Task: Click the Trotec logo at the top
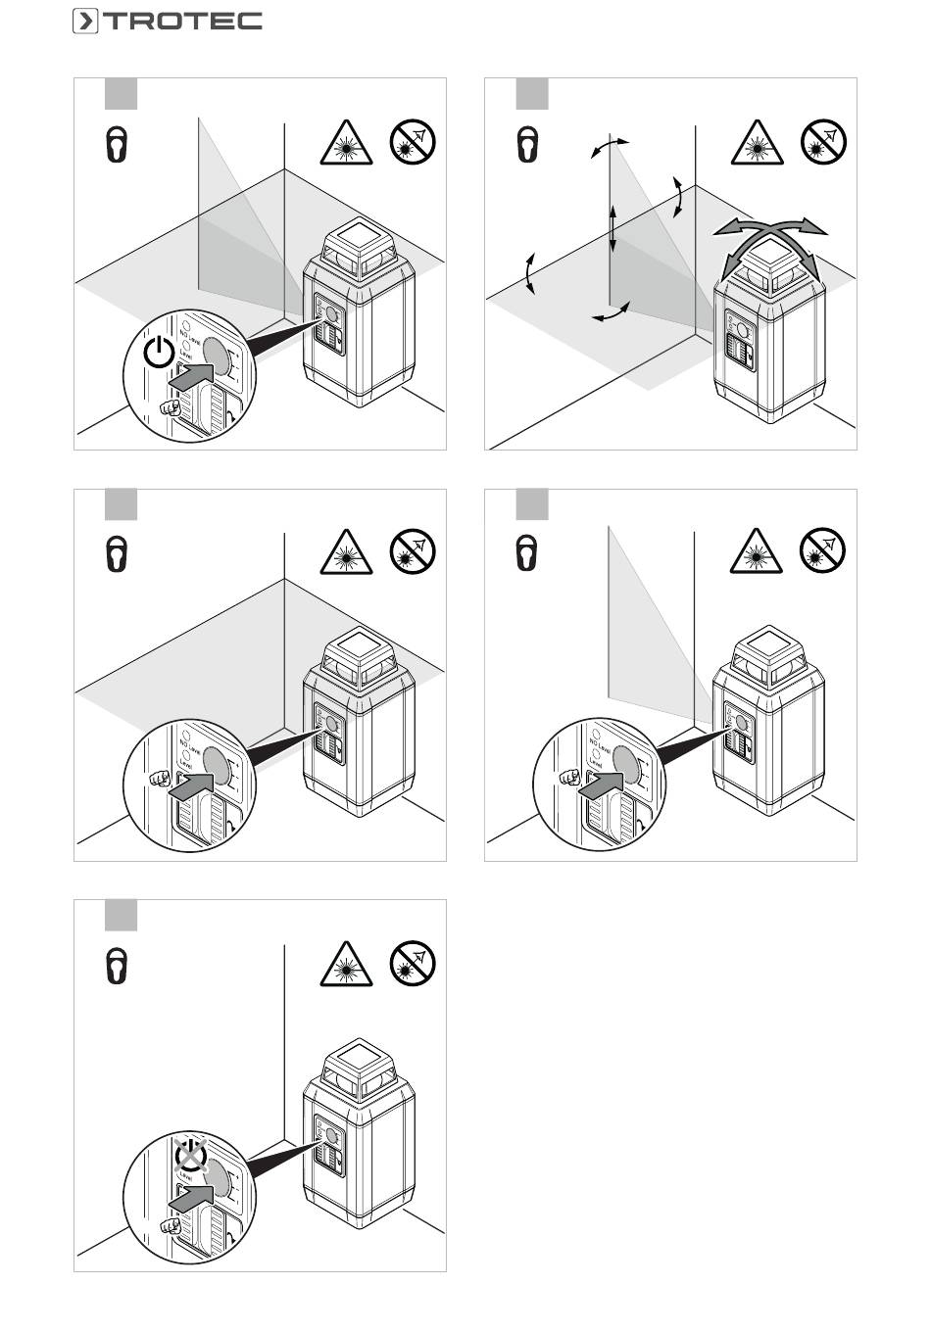(167, 21)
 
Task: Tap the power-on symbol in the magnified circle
(159, 352)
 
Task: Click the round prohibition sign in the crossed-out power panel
(413, 965)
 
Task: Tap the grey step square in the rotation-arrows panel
(532, 95)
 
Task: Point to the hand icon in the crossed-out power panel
(171, 1224)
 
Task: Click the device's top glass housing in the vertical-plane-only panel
(770, 654)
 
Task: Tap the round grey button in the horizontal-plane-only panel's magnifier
(220, 766)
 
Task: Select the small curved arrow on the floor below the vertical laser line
(612, 313)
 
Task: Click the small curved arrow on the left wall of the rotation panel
(530, 272)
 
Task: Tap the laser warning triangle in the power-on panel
(346, 144)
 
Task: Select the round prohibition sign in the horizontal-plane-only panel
(413, 553)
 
